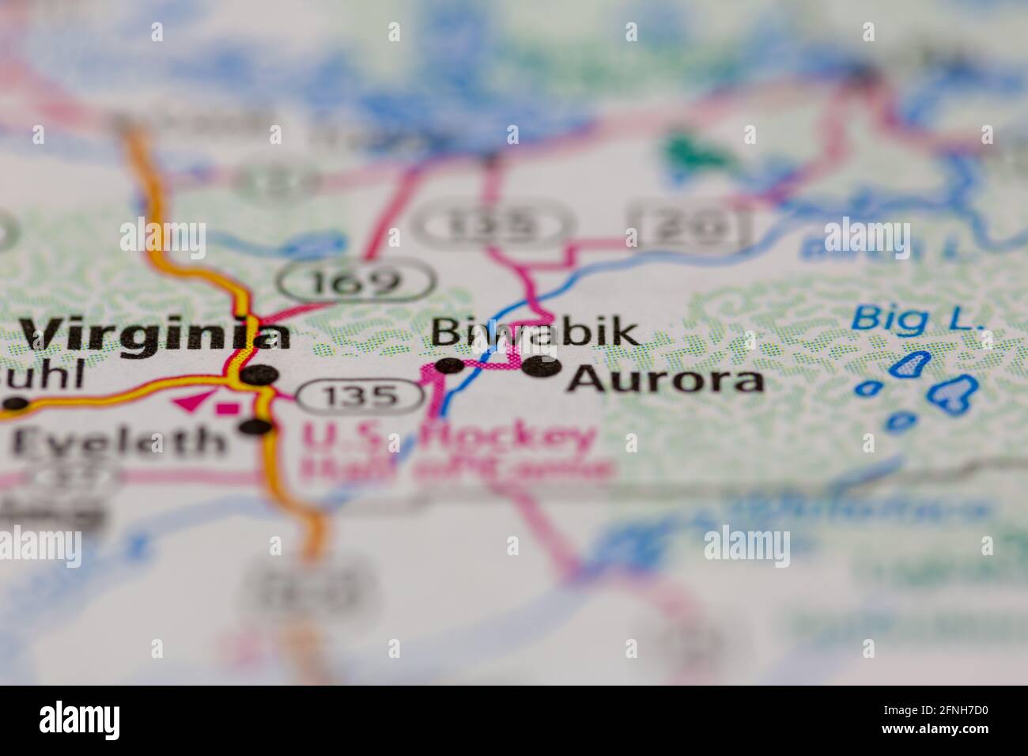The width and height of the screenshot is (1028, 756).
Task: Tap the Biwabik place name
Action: (x=535, y=332)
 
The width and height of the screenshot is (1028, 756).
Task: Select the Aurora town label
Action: (x=666, y=380)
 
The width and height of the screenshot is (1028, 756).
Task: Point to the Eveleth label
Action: (x=119, y=440)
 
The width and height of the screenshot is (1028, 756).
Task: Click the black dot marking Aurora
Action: (x=543, y=366)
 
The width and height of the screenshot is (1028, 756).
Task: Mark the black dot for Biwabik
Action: (x=449, y=365)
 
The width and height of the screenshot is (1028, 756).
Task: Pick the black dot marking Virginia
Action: (x=260, y=374)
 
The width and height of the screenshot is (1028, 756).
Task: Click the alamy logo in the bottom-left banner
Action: (x=80, y=720)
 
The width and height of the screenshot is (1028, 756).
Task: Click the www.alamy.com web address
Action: (x=939, y=731)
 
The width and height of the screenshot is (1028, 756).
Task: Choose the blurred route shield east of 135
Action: (x=686, y=226)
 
